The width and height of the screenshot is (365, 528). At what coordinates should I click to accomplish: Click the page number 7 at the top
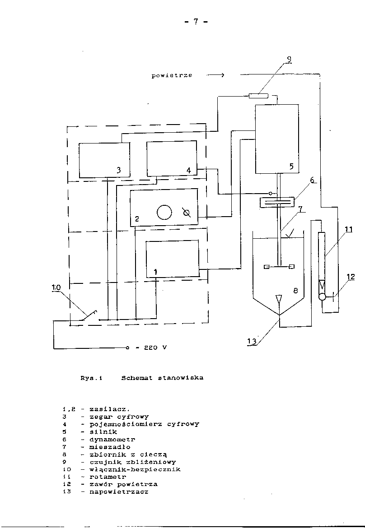pos(196,22)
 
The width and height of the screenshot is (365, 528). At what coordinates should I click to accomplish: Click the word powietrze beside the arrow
pos(172,75)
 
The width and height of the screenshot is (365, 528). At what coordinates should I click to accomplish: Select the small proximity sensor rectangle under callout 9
pos(258,95)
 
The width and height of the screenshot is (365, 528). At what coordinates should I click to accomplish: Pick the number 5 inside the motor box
pos(291,166)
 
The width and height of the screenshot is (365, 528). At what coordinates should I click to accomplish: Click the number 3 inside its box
pos(118,170)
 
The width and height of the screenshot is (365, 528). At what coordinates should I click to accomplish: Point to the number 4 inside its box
pos(189,170)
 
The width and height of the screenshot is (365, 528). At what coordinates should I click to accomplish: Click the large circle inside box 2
pos(164,212)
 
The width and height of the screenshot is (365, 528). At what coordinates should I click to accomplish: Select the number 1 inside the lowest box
pos(155,272)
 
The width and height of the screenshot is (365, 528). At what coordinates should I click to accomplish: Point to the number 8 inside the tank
pos(295,291)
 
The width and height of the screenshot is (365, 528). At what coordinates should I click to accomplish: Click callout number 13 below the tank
pos(252,342)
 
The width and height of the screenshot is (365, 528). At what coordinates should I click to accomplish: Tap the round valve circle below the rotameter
pos(322,297)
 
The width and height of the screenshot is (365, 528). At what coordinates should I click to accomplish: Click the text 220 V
pos(156,348)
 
